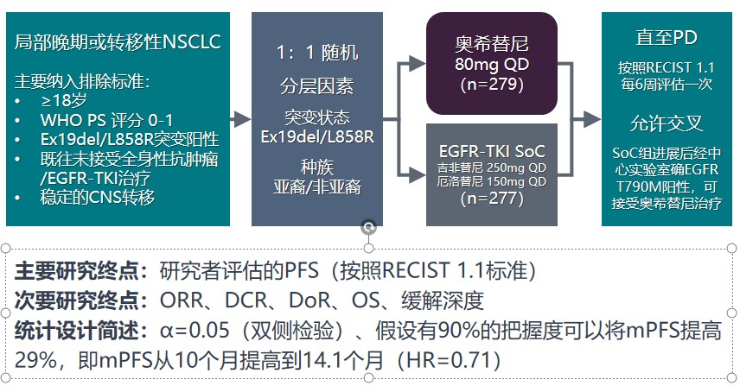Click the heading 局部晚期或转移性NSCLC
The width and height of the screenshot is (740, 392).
tap(118, 42)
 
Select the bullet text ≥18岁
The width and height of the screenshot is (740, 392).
tap(63, 100)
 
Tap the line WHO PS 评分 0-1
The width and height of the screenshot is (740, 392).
tap(106, 120)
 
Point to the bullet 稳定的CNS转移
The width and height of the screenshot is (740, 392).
tap(97, 197)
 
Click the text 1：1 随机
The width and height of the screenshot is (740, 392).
tap(317, 53)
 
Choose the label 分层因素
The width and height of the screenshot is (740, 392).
tap(317, 86)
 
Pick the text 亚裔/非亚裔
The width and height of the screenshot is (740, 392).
tap(317, 187)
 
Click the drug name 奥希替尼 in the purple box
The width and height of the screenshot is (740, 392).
tap(492, 44)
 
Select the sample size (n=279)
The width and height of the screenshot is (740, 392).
tap(492, 85)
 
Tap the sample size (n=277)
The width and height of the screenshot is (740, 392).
tap(492, 199)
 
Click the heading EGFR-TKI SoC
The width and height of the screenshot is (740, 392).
tap(492, 151)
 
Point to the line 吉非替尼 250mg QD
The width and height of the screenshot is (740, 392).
tap(492, 168)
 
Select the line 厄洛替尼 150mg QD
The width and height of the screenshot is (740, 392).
tap(492, 181)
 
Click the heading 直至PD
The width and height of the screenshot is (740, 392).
tap(667, 38)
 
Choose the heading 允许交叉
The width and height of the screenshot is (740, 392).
tap(667, 124)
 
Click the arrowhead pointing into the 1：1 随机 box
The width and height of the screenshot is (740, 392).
tap(243, 119)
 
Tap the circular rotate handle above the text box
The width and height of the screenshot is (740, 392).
tap(368, 228)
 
